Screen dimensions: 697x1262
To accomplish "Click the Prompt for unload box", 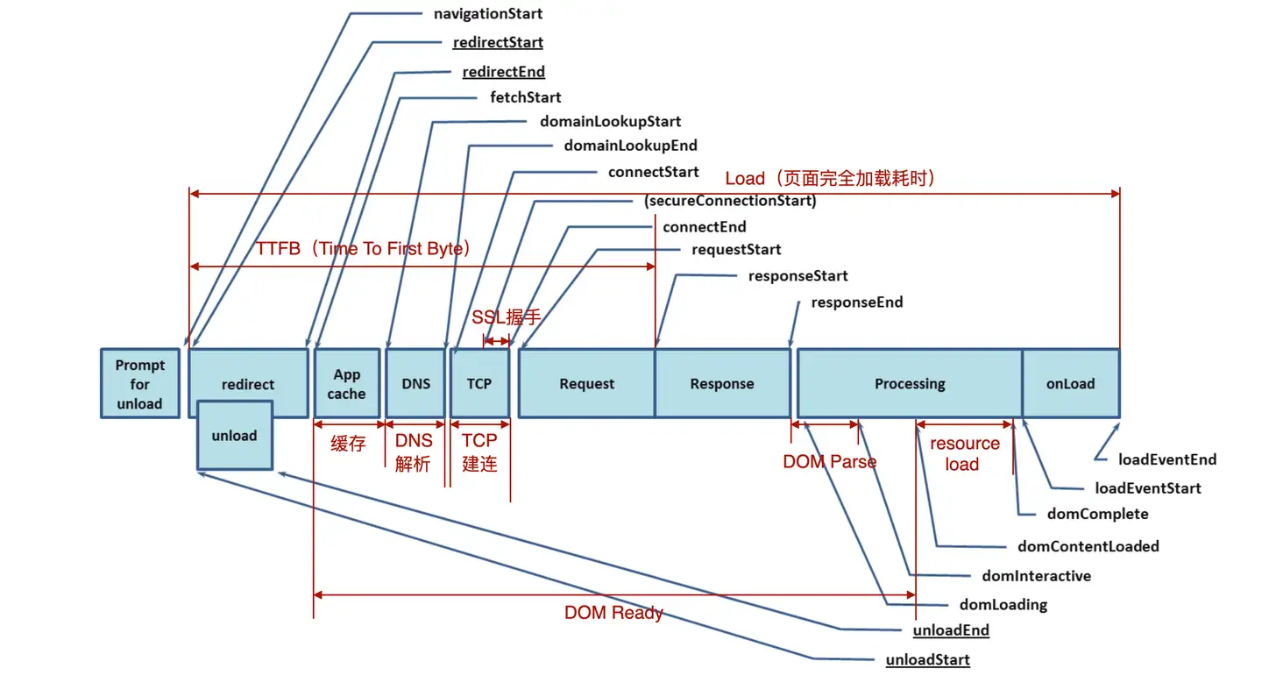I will (x=139, y=384).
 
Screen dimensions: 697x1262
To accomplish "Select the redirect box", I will (x=248, y=383).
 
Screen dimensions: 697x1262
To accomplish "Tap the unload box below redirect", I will (x=234, y=435).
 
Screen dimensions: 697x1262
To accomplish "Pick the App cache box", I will (x=347, y=384).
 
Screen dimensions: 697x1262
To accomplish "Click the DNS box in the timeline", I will (x=415, y=383).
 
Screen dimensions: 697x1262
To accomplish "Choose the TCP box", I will (x=479, y=383).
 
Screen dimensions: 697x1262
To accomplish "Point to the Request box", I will (x=586, y=383).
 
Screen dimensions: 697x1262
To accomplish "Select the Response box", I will (x=722, y=383).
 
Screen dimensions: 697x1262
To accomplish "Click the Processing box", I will (x=910, y=383).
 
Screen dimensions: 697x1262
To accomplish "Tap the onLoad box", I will (x=1070, y=383).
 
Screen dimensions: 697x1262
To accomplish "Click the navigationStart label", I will (x=488, y=14).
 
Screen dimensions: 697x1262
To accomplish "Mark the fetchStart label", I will (x=526, y=97).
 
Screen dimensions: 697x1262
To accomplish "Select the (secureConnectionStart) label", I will (x=730, y=201).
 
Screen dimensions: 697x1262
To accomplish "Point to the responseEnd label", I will (x=856, y=302).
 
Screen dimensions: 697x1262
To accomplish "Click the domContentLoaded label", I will (x=1088, y=546).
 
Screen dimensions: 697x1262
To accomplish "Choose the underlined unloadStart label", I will (x=927, y=659).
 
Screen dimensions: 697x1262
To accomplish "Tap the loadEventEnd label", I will (x=1166, y=459).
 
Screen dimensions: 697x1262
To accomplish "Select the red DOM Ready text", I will (x=613, y=613).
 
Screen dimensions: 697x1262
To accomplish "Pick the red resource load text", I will (x=964, y=454).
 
